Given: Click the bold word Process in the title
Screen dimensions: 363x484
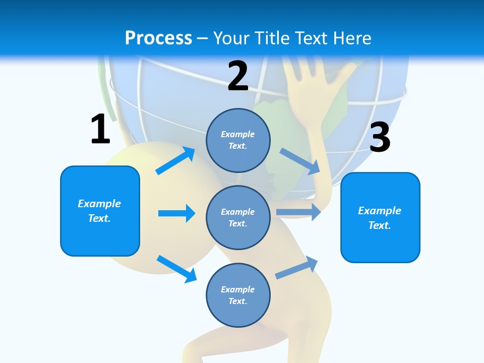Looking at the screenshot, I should tap(158, 38).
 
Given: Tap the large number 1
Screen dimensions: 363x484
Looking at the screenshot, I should tap(100, 130).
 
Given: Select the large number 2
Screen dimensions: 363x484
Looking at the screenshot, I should tap(238, 77).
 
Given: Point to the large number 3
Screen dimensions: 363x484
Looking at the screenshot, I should tap(380, 137).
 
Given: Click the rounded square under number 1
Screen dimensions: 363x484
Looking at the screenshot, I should tap(100, 211).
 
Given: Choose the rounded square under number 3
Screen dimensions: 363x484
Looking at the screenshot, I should tap(380, 217).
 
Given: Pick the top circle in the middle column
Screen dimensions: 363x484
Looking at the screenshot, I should tap(238, 140).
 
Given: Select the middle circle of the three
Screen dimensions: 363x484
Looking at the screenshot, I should tap(238, 217).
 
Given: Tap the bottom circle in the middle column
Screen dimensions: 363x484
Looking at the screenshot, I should tap(238, 295).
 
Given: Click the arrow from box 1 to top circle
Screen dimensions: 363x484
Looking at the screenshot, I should tap(175, 161).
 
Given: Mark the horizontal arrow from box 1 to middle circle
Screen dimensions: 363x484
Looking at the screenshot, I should tap(176, 213).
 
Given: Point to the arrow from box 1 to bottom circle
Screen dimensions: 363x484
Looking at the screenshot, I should tap(176, 269).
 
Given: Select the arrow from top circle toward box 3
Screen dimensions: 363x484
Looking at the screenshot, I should tap(300, 161).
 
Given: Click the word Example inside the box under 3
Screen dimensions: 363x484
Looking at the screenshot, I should tap(380, 211).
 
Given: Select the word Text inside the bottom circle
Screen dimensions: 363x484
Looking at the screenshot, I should tap(237, 301).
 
